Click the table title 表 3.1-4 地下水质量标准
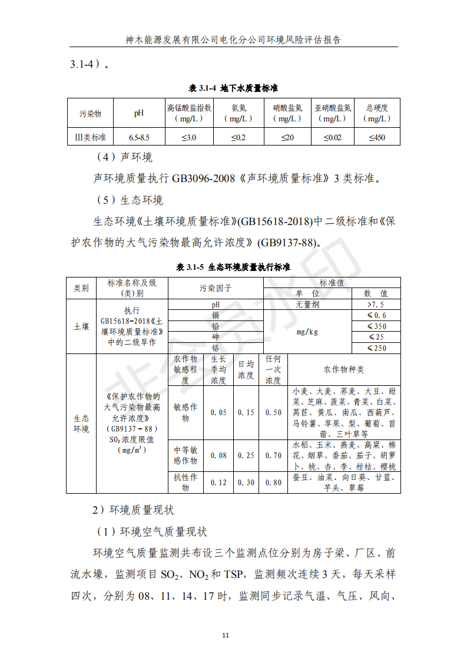[x=233, y=88]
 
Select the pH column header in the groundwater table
[x=139, y=113]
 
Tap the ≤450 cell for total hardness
[x=377, y=138]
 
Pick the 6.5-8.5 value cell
[x=139, y=138]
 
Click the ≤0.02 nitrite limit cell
[x=332, y=138]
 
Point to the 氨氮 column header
[x=239, y=113]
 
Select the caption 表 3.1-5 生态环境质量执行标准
[x=233, y=267]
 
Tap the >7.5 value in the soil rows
[x=376, y=305]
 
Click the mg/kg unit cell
[x=307, y=332]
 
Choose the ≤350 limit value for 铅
[x=376, y=326]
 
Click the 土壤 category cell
[x=81, y=326]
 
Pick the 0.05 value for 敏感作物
[x=218, y=412]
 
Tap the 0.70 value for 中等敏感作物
[x=273, y=455]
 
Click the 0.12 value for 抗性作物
[x=218, y=482]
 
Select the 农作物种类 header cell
[x=344, y=370]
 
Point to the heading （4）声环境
[x=124, y=157]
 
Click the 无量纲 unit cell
[x=307, y=305]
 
